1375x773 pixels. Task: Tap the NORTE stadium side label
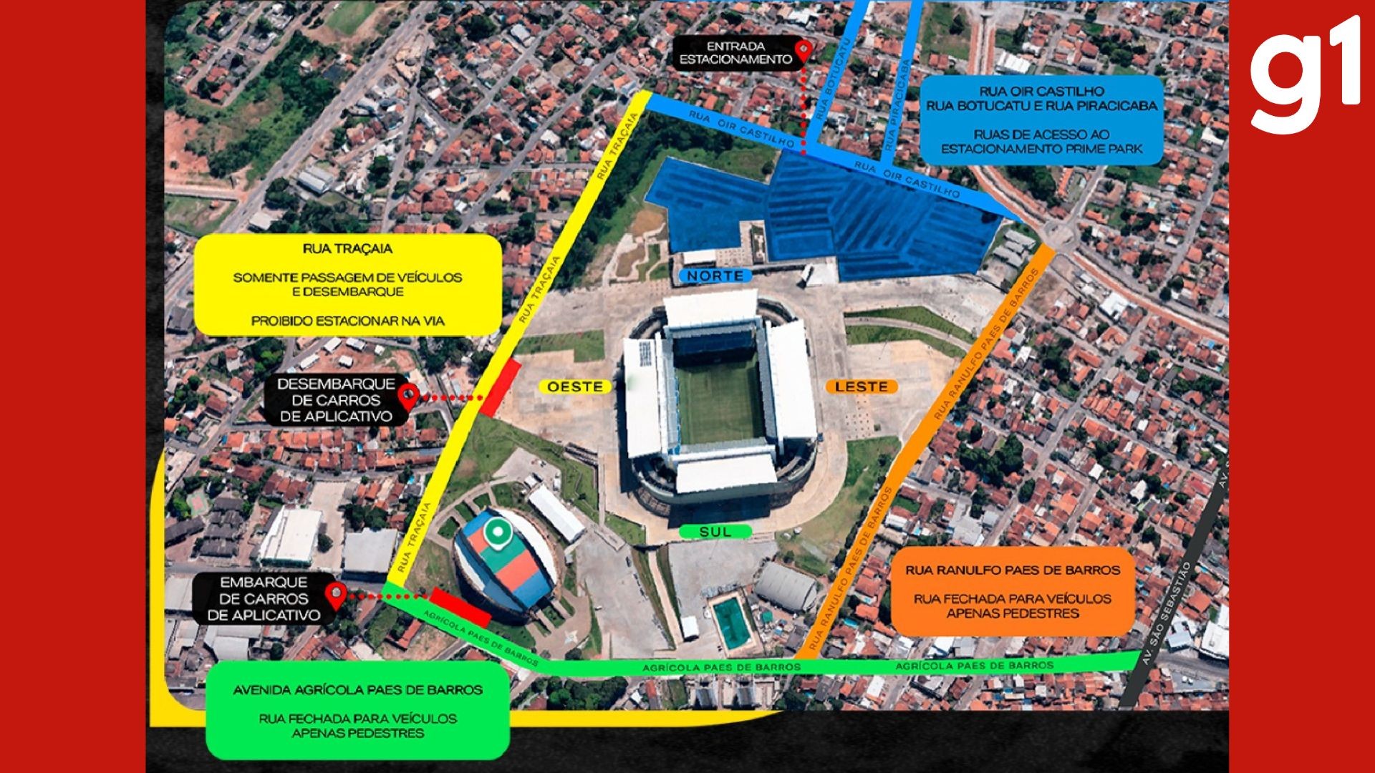[714, 276]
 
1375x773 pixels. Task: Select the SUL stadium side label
[715, 532]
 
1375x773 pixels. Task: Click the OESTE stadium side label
[574, 386]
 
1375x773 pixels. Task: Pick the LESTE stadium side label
[861, 386]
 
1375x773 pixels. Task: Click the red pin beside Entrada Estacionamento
[804, 51]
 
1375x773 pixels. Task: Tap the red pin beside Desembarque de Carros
[408, 395]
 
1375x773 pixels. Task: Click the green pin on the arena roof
[497, 533]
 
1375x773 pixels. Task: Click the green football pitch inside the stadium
[720, 401]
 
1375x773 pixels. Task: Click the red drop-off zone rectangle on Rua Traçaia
[501, 388]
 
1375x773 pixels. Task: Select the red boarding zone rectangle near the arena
[460, 607]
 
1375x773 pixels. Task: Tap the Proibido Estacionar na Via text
[347, 321]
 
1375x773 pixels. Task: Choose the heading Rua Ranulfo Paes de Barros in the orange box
[1013, 570]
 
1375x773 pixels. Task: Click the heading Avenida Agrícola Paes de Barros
[357, 690]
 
